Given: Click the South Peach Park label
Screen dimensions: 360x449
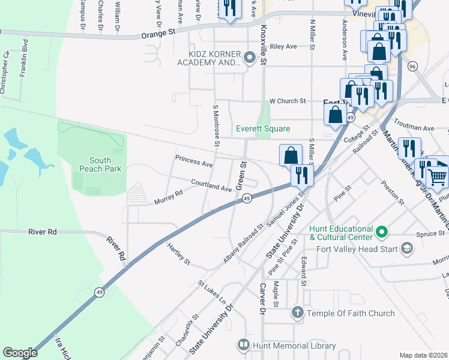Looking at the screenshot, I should [x=100, y=164].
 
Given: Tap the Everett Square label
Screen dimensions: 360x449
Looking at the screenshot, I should [x=262, y=128].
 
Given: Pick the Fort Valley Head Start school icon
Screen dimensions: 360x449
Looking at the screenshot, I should [x=407, y=248].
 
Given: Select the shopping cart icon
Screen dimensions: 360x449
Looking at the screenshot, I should [x=437, y=176].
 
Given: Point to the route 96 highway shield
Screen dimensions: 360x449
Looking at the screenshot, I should [x=412, y=66].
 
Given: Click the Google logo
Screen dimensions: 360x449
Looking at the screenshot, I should [x=20, y=353].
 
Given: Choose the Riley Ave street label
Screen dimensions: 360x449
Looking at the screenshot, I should [x=284, y=46].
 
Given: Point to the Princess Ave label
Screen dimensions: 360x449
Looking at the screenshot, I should [x=194, y=161].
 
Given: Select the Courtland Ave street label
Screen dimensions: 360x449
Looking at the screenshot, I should [x=211, y=185].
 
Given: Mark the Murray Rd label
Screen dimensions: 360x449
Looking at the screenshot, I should [x=169, y=197].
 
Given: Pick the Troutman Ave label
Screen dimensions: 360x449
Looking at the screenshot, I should [x=420, y=128].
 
